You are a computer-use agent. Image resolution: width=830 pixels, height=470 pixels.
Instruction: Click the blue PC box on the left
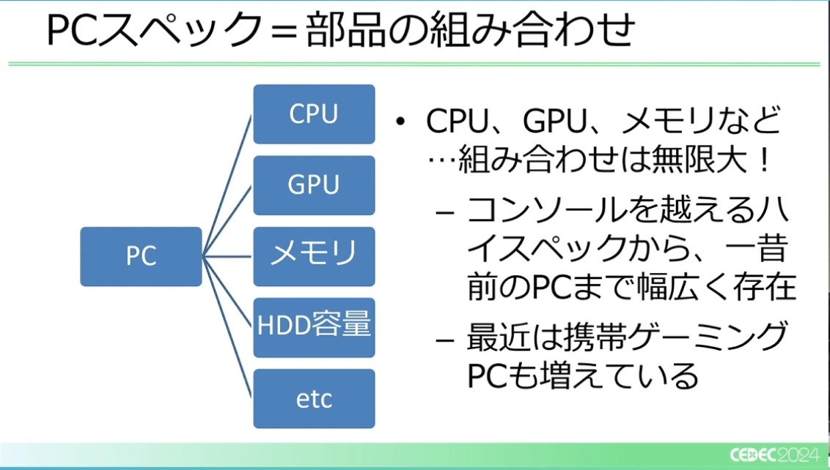[141, 256]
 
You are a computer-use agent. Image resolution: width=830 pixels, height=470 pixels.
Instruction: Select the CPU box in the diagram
[314, 114]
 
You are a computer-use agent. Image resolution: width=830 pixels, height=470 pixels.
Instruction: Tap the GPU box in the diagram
[314, 185]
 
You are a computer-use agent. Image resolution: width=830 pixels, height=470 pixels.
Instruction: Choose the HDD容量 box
[314, 327]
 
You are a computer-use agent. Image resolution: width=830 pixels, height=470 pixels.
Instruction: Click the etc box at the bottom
[314, 399]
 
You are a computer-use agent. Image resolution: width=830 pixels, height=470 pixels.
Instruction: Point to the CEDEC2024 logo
[774, 454]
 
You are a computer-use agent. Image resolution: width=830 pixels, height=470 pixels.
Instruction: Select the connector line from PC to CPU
[228, 183]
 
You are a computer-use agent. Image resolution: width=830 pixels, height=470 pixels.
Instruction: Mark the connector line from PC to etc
[228, 329]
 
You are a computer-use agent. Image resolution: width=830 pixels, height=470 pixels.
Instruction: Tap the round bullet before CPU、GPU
[400, 122]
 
